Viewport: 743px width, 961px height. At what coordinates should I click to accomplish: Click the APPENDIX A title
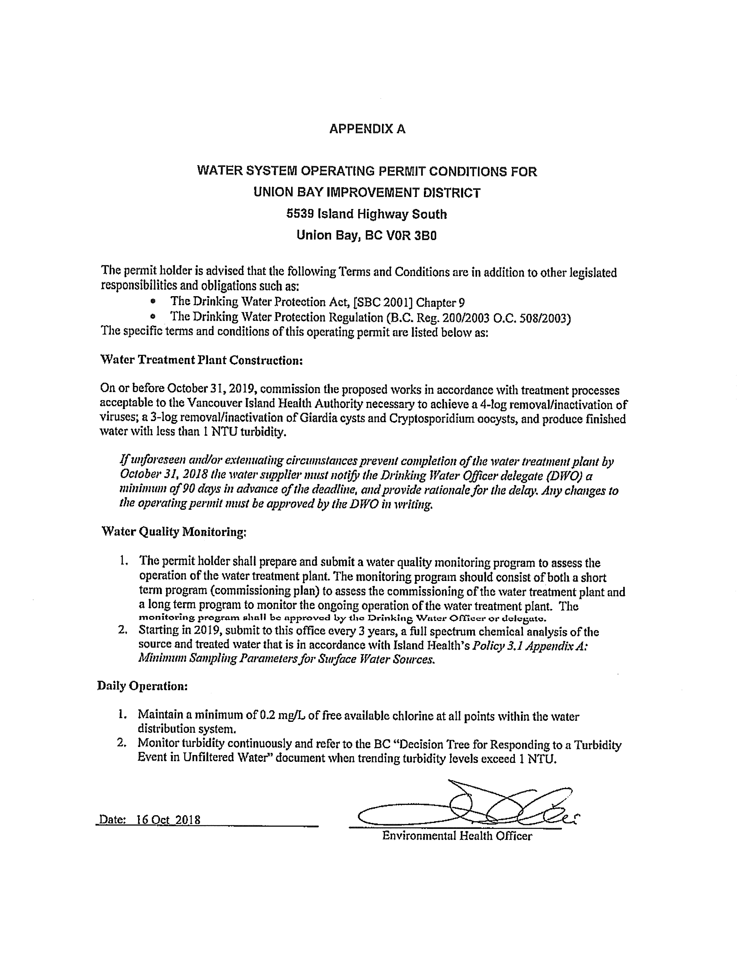[x=367, y=129]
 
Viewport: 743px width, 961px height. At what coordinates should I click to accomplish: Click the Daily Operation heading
[x=142, y=686]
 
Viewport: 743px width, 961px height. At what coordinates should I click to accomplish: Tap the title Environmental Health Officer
[x=457, y=836]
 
